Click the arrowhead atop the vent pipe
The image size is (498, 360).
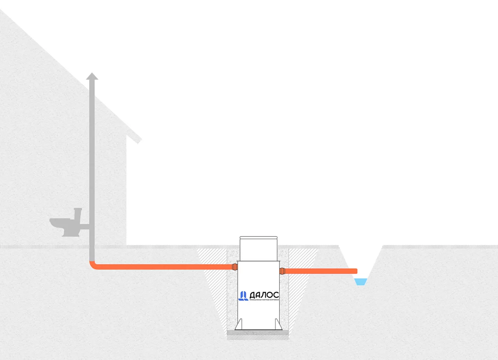point(92,76)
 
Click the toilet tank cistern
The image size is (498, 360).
point(78,214)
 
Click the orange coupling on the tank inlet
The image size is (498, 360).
point(235,267)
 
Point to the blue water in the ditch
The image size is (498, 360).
point(361,282)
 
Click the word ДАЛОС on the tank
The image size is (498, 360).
point(263,295)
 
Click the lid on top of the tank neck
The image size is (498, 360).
point(258,237)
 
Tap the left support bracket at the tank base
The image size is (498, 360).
point(239,324)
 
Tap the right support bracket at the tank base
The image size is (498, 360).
point(278,324)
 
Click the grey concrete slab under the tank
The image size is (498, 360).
point(258,333)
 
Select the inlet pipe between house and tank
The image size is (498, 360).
point(163,267)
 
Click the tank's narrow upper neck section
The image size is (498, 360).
point(258,249)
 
